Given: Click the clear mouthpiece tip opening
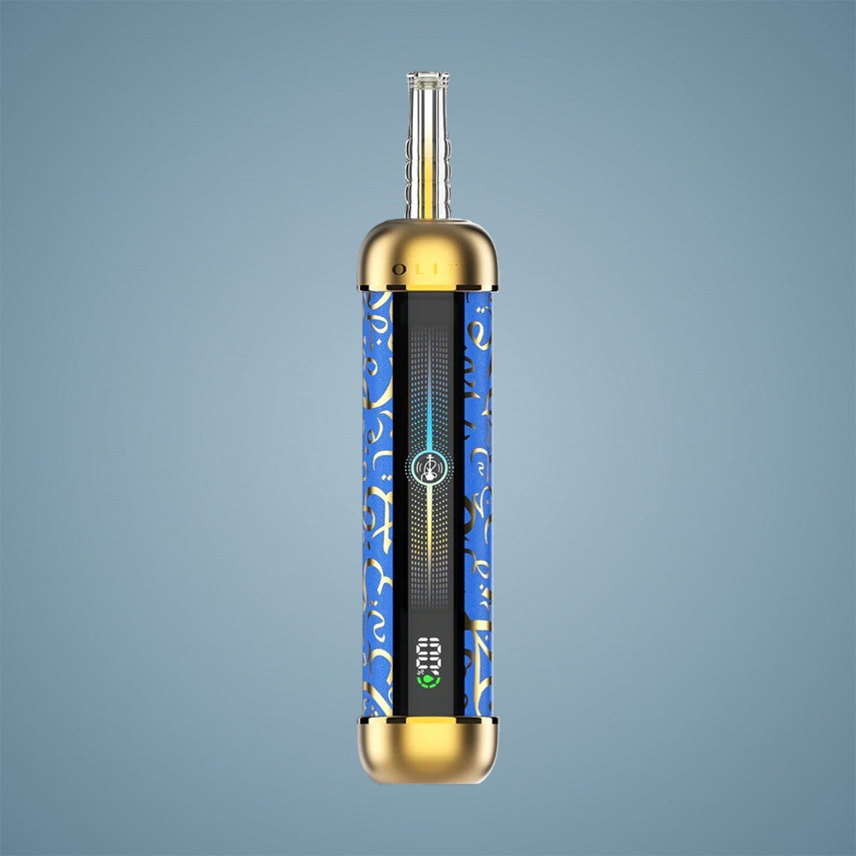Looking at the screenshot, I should click(428, 76).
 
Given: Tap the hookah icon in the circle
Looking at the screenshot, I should click(428, 468).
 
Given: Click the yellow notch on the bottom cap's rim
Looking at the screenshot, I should click(428, 720).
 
